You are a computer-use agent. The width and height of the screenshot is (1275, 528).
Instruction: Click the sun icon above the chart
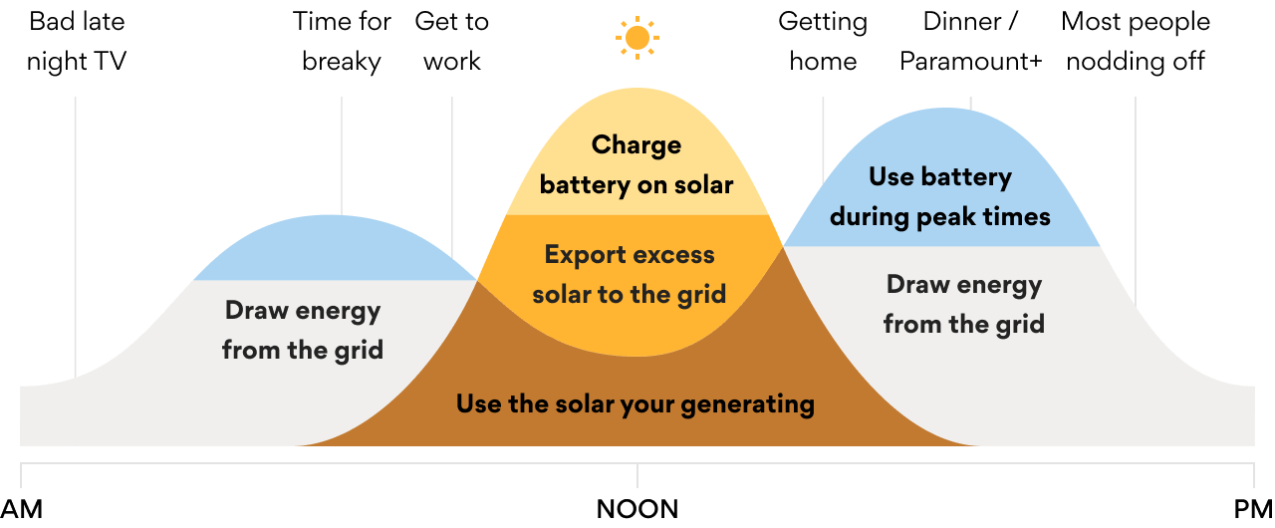637,38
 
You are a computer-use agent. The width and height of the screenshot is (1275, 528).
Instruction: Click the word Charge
637,145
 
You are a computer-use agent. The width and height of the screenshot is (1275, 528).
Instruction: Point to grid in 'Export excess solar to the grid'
701,295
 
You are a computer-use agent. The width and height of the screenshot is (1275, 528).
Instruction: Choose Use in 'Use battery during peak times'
890,177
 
